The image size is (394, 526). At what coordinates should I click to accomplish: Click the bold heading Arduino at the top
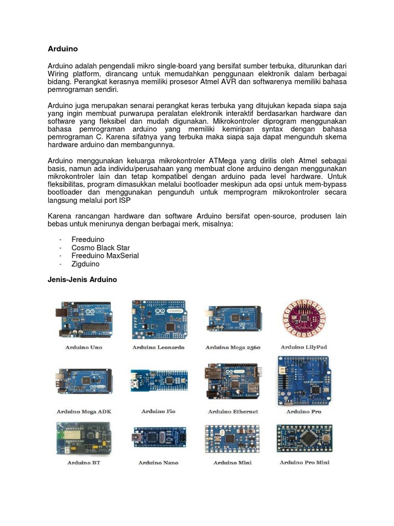[63, 49]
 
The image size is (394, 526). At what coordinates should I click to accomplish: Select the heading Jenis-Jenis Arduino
[82, 280]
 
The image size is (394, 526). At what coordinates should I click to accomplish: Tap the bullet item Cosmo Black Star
[101, 248]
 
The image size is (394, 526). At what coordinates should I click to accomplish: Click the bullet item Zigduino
[86, 264]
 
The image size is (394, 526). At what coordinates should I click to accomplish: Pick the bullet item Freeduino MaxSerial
[105, 256]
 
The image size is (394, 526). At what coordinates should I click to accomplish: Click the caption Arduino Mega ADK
[84, 411]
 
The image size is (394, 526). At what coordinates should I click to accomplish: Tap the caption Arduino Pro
[304, 411]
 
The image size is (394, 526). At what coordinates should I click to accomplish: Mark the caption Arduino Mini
[232, 463]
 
